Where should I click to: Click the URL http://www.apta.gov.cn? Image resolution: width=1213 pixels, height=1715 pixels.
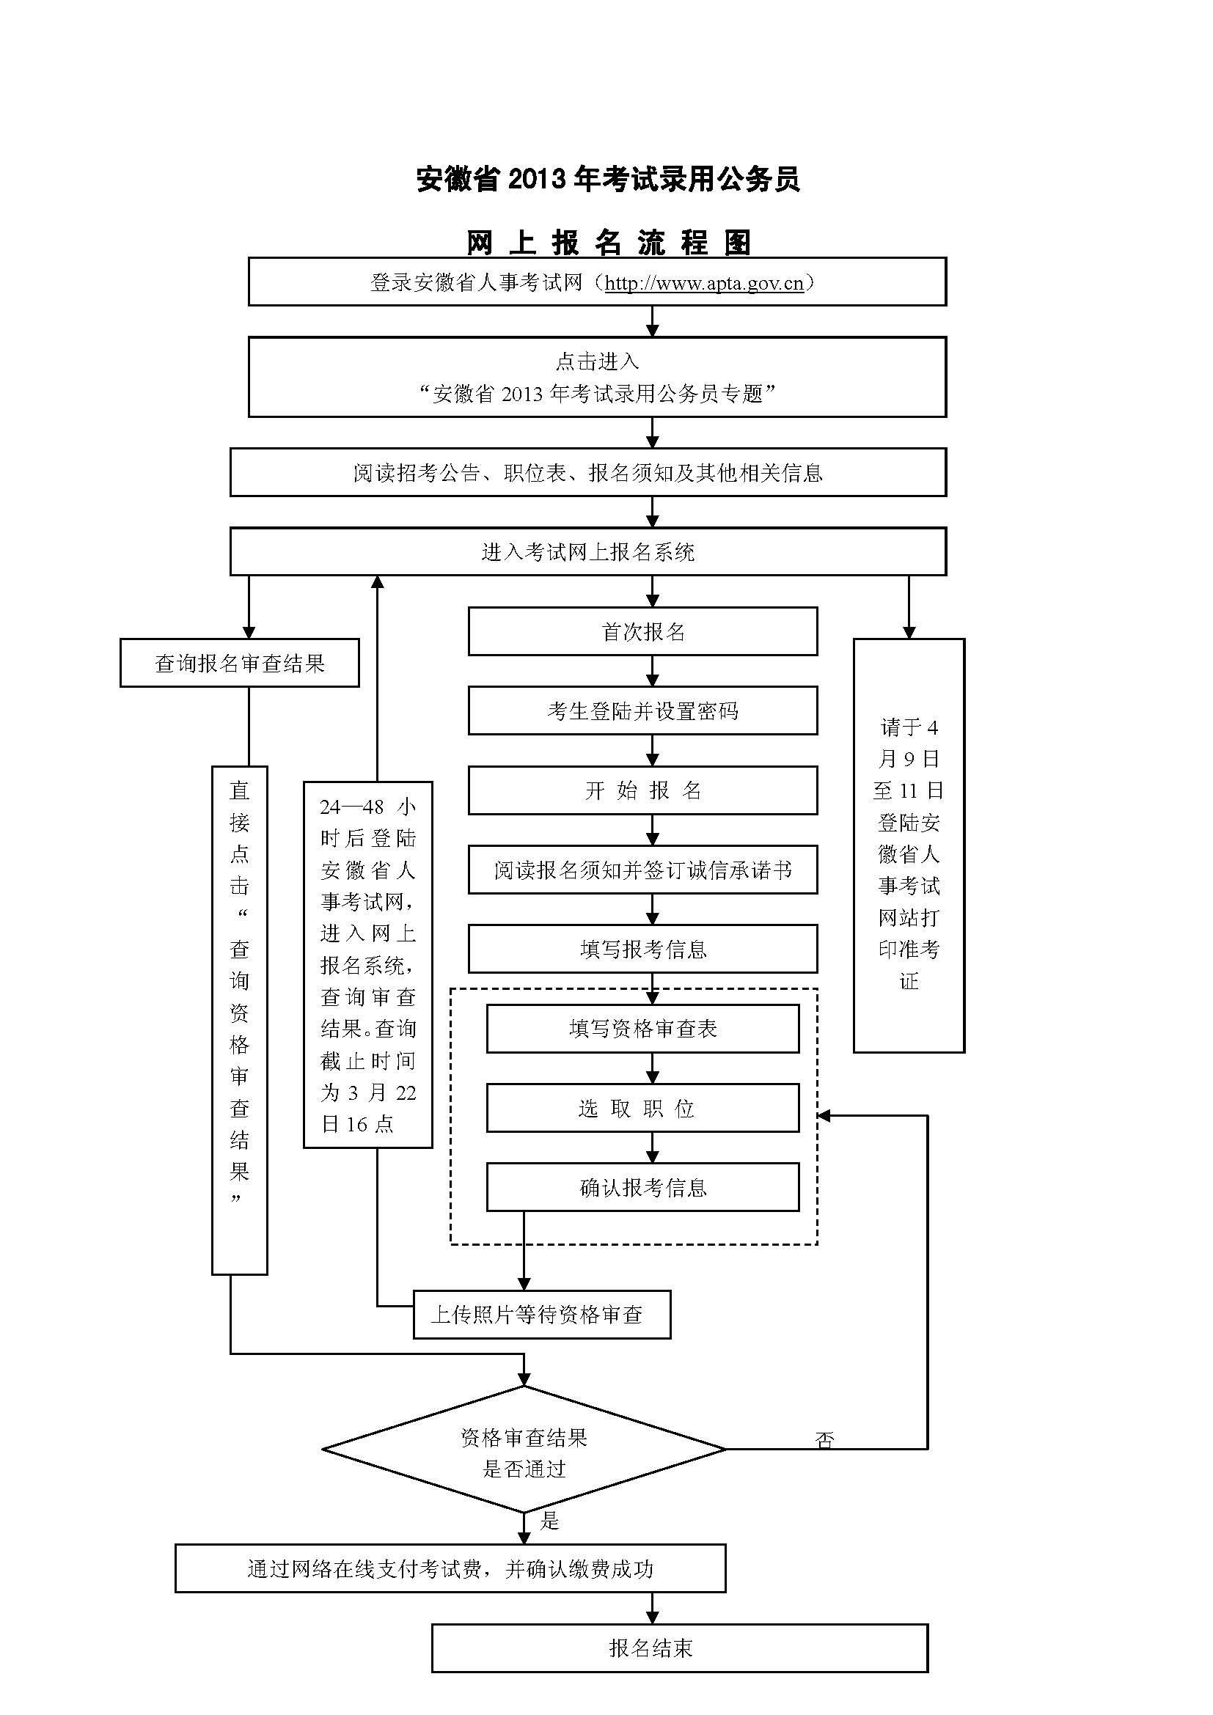pos(703,283)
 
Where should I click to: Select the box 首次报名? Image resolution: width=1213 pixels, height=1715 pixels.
pos(642,632)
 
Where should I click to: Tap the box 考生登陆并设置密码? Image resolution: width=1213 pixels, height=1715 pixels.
pos(642,711)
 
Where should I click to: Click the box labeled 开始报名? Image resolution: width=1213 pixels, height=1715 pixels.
pos(642,790)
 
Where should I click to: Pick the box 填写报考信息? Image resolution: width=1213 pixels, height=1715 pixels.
pos(642,950)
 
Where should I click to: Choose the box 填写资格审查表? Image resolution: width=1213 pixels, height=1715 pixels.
pos(642,1029)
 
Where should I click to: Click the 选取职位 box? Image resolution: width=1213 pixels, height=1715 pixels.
pos(642,1109)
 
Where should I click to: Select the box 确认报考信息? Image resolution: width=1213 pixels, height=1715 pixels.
pos(642,1188)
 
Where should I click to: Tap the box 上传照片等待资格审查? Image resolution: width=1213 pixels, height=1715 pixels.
pos(541,1315)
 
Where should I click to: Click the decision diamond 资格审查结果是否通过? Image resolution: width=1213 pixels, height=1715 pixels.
pos(524,1450)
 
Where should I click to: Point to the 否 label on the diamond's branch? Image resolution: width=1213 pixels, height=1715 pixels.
pos(824,1439)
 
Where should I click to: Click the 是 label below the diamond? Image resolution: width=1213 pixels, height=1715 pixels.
pos(550,1520)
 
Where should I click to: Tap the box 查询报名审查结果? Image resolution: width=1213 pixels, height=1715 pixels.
pos(239,664)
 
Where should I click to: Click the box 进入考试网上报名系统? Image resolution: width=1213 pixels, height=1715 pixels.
pos(588,552)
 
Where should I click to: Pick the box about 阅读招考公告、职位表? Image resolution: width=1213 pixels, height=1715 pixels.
pos(588,473)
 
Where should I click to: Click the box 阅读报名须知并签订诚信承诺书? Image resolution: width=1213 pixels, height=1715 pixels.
pos(642,870)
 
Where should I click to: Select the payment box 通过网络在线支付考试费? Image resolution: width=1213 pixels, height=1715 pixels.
pos(450,1568)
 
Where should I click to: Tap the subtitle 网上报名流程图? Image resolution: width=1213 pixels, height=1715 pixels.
pos(609,242)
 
